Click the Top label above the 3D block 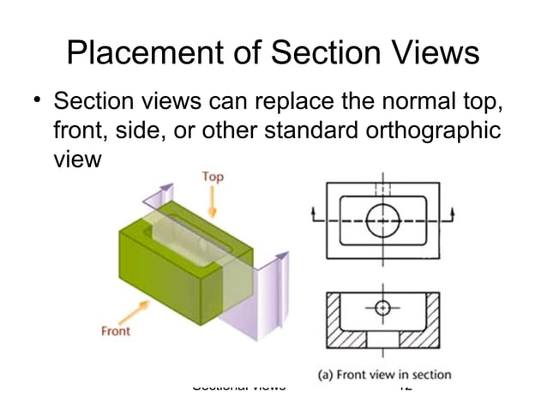(x=213, y=178)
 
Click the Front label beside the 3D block (x=116, y=331)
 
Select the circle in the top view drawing (x=382, y=221)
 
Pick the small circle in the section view (x=382, y=307)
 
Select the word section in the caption (x=431, y=374)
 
